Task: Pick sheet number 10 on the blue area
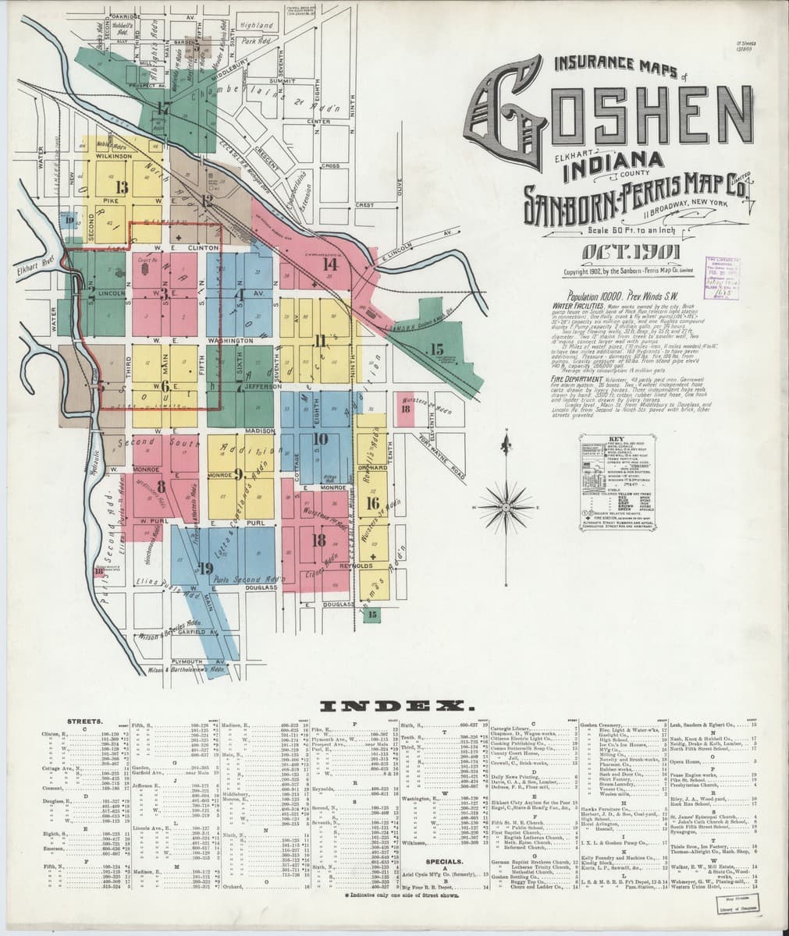pos(320,438)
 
